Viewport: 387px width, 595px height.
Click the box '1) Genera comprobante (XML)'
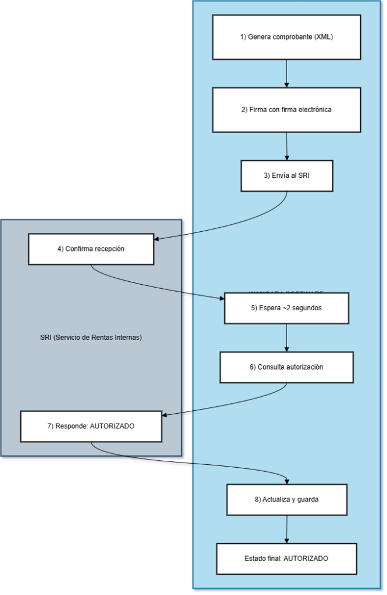click(x=286, y=37)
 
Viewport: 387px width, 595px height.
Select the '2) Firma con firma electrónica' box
click(x=286, y=110)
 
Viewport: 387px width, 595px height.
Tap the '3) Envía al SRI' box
click(x=286, y=175)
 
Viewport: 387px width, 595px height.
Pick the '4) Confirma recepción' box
click(x=91, y=249)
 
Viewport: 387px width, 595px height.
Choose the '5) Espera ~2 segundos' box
click(x=286, y=308)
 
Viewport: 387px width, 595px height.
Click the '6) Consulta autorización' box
click(x=286, y=367)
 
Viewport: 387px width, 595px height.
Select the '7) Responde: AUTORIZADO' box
click(x=91, y=426)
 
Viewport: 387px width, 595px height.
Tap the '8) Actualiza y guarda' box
click(x=286, y=499)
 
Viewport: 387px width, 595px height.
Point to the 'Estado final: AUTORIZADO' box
click(x=286, y=558)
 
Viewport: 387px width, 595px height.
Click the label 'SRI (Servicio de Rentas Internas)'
click(x=91, y=337)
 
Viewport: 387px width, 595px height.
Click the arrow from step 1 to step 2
click(x=286, y=74)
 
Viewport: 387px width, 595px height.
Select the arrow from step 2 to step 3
click(x=286, y=146)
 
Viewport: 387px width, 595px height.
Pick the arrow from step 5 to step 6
click(x=286, y=338)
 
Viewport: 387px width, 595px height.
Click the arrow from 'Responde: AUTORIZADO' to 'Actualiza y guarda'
click(x=192, y=463)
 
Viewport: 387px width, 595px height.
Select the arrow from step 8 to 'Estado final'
click(x=286, y=529)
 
